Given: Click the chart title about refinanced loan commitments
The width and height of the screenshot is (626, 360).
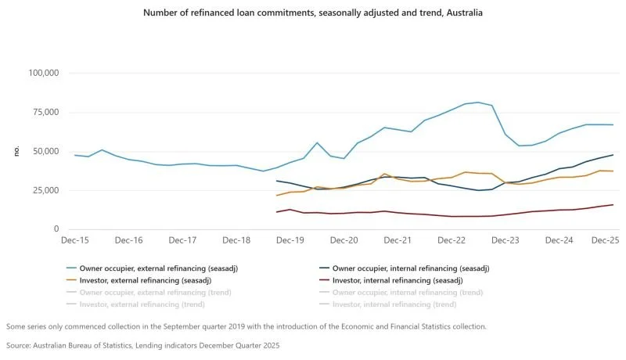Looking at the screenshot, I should coord(312,13).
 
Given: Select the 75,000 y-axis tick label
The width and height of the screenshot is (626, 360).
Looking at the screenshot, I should coord(45,112).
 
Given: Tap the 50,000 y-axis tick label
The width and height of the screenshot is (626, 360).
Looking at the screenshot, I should coord(45,151).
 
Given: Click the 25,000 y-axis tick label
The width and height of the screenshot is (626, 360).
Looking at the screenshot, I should coord(45,190).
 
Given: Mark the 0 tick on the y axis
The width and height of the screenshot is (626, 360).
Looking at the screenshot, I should coord(57,229).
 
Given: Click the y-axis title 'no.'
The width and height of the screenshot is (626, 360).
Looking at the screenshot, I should coord(16,150).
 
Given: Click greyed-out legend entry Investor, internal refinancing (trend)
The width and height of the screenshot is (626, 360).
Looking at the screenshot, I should coord(396,304).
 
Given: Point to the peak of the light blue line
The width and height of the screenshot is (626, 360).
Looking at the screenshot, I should coord(479,102).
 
